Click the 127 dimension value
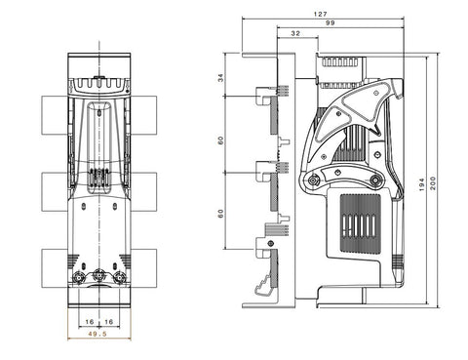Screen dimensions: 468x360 320,14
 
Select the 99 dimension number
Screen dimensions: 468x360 330,22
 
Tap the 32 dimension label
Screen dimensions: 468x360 295,33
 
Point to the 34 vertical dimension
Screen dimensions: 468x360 221,78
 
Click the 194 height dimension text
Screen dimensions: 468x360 422,184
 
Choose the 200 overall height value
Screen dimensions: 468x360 433,183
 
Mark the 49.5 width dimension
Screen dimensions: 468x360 97,334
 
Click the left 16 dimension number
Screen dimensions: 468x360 90,322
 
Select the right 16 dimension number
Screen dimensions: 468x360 109,322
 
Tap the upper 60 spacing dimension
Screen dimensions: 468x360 221,140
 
